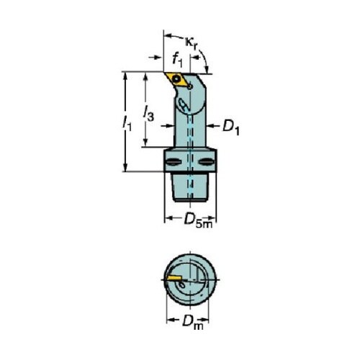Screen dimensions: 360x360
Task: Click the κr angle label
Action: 192,43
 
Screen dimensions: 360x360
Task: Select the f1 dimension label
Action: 177,60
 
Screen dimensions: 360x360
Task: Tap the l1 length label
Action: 127,123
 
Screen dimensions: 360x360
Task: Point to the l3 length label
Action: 148,114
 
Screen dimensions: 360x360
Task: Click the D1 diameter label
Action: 231,127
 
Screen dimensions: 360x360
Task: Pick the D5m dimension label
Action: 198,220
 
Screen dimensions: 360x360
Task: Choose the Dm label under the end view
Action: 193,322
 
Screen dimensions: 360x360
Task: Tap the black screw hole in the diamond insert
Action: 177,78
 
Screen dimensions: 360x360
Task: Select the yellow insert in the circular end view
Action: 174,278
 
